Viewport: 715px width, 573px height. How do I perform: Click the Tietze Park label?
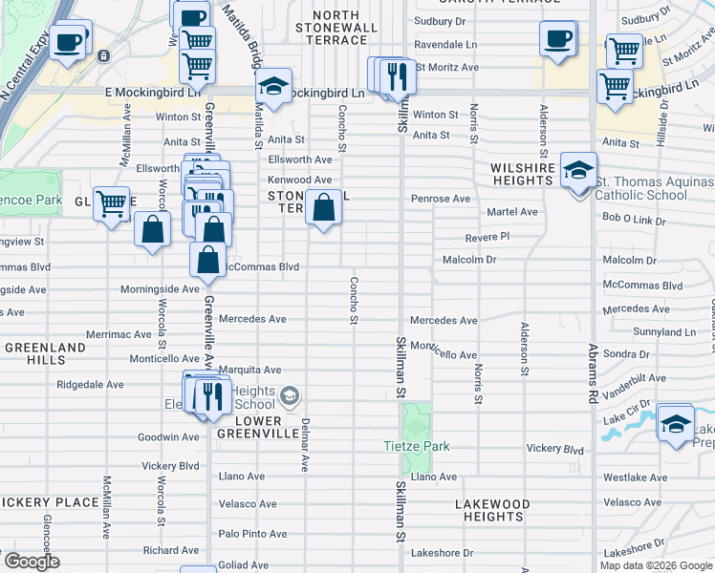click(x=416, y=447)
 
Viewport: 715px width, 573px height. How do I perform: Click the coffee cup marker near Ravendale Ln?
click(x=558, y=40)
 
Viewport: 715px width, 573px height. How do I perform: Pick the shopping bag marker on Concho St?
click(x=324, y=207)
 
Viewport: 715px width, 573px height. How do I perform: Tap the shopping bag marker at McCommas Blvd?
click(x=207, y=259)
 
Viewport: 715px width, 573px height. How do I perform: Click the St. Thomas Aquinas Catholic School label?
click(x=640, y=188)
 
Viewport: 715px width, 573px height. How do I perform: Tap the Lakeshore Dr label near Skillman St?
click(x=442, y=553)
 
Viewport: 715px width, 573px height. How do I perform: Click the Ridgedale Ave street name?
click(x=90, y=385)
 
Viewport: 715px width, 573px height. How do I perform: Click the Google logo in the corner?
click(x=31, y=561)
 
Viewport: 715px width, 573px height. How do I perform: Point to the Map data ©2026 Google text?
click(x=656, y=565)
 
